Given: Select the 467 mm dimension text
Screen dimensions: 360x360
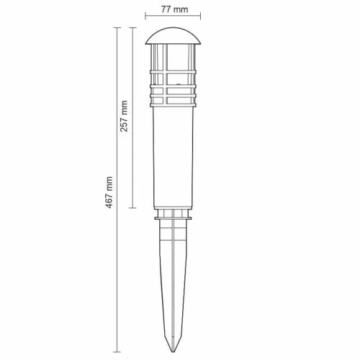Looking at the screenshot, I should tap(109, 192).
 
